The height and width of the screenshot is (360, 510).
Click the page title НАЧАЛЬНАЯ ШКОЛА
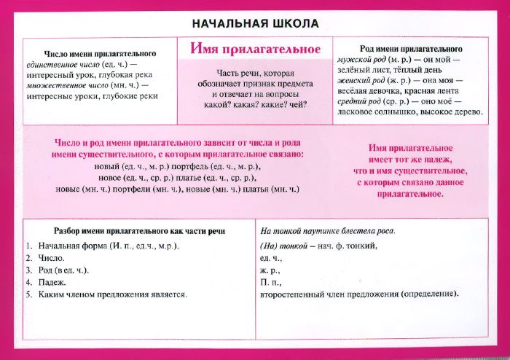[255, 23]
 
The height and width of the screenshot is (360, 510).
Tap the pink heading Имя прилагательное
[255, 50]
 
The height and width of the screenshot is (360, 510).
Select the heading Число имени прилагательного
[101, 55]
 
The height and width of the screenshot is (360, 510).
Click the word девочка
[390, 94]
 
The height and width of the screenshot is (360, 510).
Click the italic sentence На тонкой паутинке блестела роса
[328, 231]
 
